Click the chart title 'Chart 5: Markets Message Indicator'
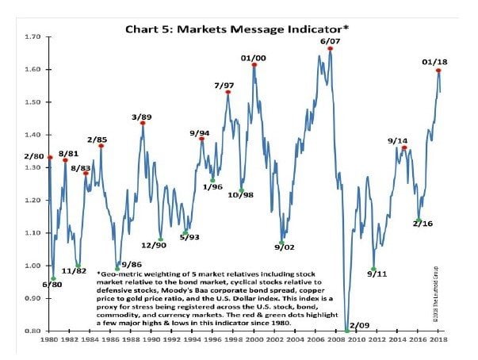pos(238,29)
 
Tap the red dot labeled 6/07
pos(330,49)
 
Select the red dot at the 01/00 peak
pos(254,65)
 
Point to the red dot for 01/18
pos(438,70)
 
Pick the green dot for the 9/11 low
pos(373,269)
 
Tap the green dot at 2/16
pos(419,220)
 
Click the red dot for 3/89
pos(143,123)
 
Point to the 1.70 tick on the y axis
pos(33,36)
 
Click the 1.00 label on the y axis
pos(33,266)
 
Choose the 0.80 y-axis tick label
pos(33,331)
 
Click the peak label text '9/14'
pos(397,140)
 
